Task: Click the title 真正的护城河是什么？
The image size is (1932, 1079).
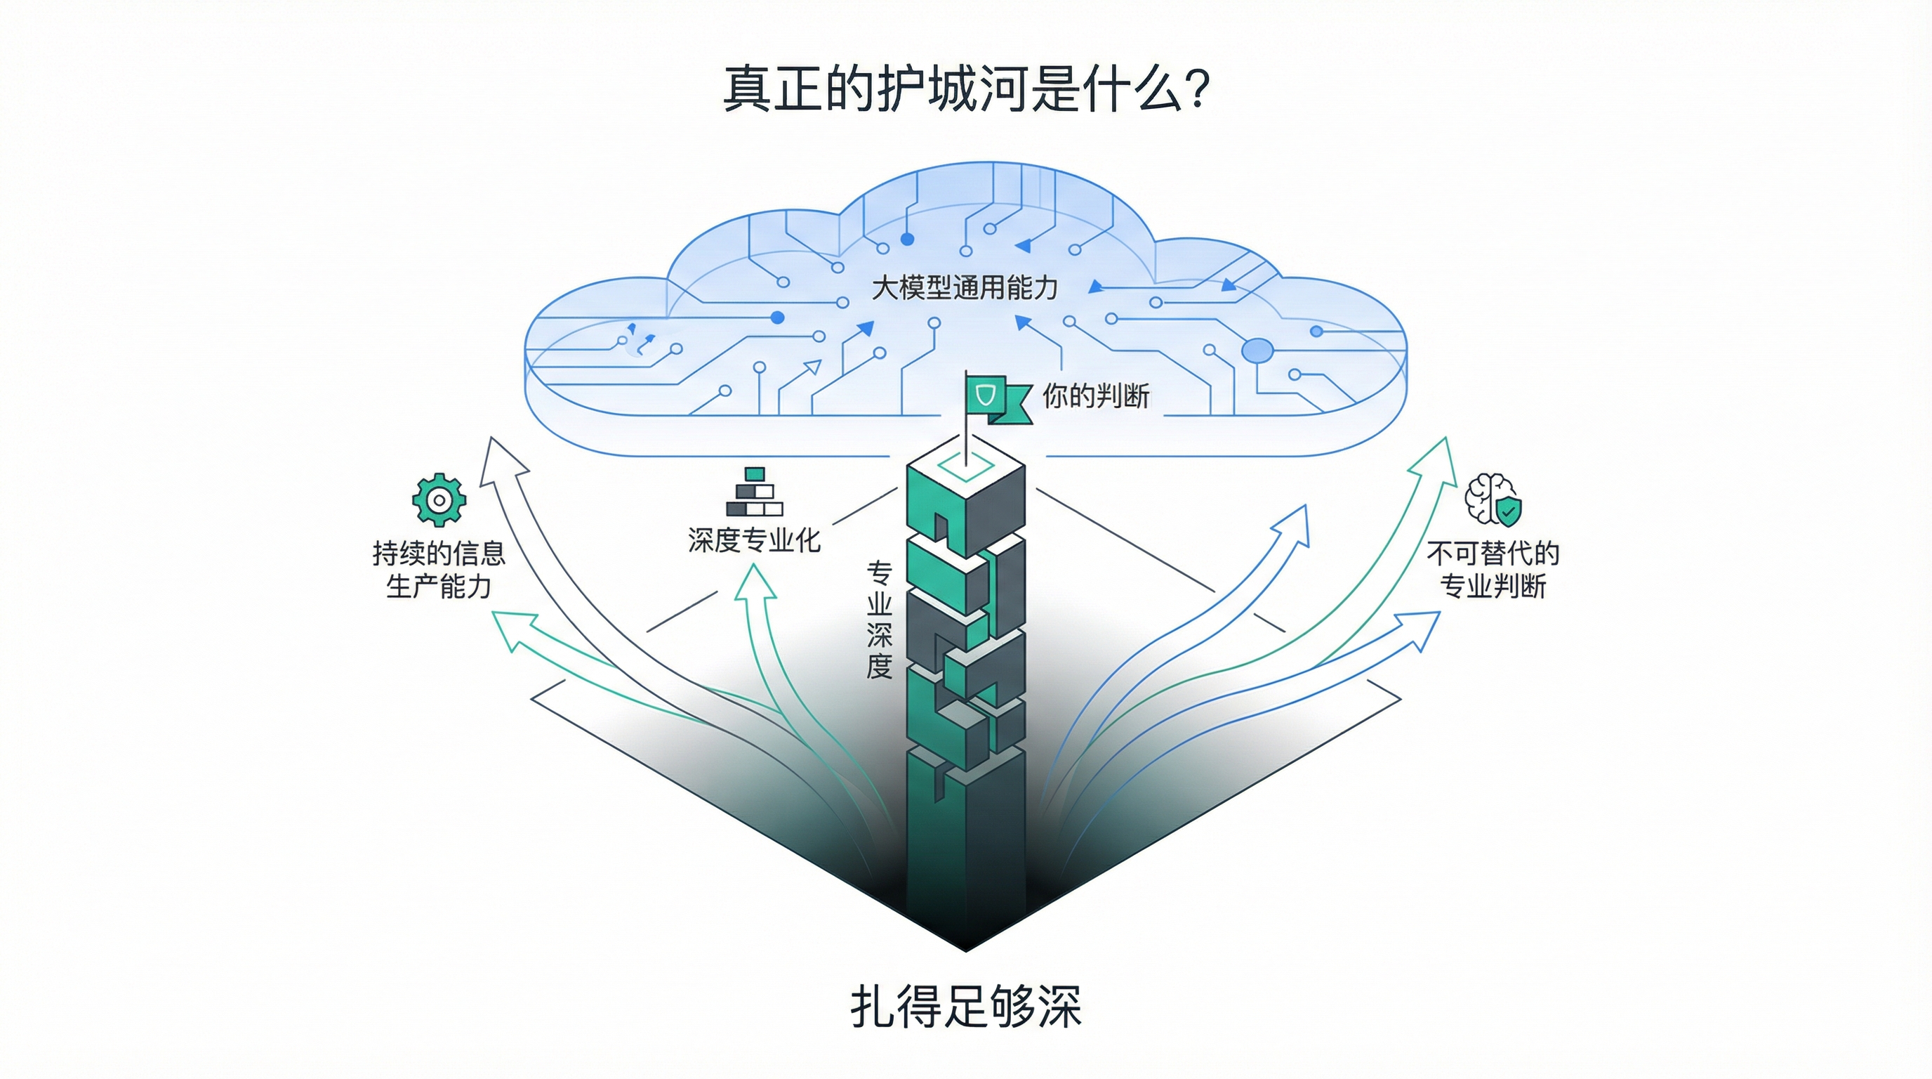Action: pyautogui.click(x=966, y=90)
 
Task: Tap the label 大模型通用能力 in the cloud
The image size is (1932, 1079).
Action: pyautogui.click(x=965, y=288)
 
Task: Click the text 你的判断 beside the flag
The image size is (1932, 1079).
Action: pyautogui.click(x=1096, y=396)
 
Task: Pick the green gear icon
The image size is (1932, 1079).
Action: pyautogui.click(x=439, y=499)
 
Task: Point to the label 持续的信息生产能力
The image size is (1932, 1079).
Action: pyautogui.click(x=439, y=570)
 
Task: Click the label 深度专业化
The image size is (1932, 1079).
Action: pyautogui.click(x=755, y=540)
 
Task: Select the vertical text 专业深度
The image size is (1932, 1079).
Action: pyautogui.click(x=879, y=620)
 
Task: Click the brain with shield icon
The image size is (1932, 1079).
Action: pyautogui.click(x=1493, y=499)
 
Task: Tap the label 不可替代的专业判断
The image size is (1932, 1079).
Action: pyautogui.click(x=1493, y=570)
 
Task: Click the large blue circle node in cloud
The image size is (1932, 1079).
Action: pyautogui.click(x=1257, y=351)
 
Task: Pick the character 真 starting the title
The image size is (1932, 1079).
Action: pyautogui.click(x=747, y=90)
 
